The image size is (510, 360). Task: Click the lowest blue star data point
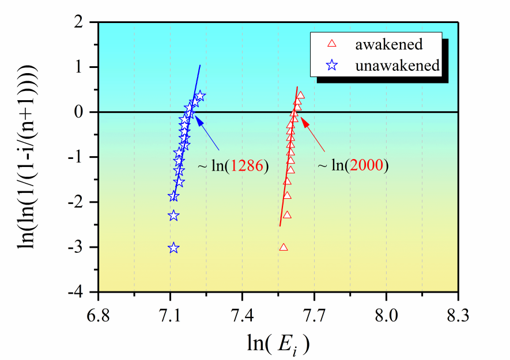[x=173, y=248]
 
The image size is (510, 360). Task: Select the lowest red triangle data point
[x=283, y=248]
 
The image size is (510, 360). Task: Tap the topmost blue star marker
[x=200, y=96]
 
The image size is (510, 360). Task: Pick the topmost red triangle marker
[x=300, y=95]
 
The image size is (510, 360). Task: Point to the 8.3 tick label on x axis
[x=458, y=315]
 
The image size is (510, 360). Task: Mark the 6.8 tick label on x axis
[x=99, y=315]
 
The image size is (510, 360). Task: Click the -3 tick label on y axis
[x=84, y=248]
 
